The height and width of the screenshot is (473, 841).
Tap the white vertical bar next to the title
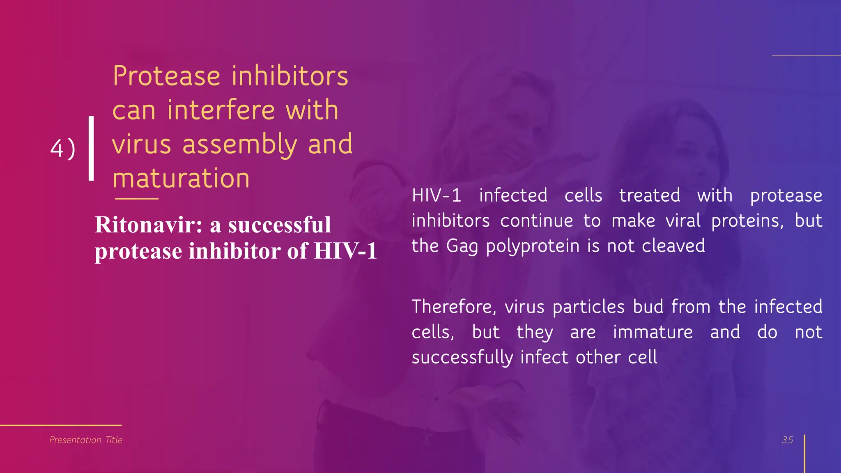coord(91,148)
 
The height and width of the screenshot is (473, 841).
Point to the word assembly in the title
coord(239,145)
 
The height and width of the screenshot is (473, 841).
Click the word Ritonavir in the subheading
coord(148,225)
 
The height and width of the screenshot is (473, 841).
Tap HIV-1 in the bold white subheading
coord(345,251)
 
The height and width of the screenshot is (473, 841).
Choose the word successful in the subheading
coord(279,225)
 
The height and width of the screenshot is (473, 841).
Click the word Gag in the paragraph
coord(462,246)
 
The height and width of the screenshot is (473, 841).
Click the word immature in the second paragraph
coord(653,332)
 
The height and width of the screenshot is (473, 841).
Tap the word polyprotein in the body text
coord(533,246)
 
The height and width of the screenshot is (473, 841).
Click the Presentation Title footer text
coord(86,440)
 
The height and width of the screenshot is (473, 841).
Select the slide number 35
coord(787,440)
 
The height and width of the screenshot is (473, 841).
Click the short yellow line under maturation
coord(137,199)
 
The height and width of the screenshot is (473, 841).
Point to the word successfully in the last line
coord(462,357)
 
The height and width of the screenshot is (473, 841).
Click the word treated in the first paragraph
coord(650,195)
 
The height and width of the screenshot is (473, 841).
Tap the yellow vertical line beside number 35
coord(804,454)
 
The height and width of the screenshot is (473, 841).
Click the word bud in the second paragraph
coord(648,307)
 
